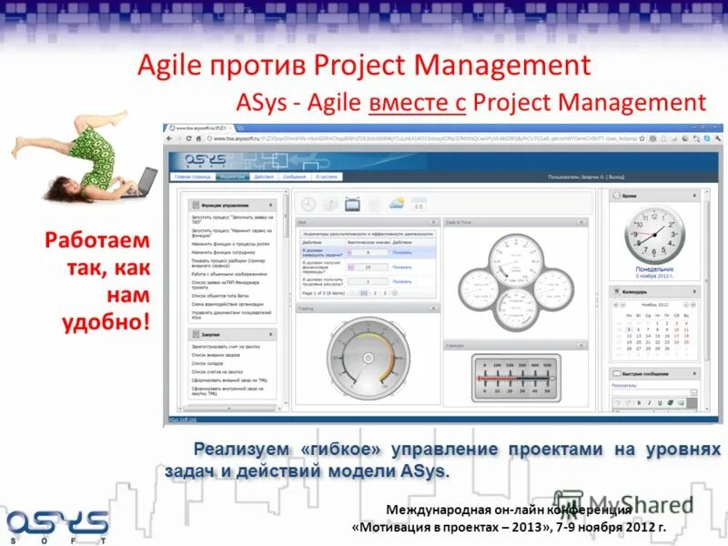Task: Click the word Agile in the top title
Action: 173,66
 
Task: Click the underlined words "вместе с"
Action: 417,102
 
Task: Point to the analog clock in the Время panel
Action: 653,234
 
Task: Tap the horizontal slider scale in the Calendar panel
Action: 515,376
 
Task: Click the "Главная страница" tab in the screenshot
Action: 194,177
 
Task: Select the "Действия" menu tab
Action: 264,177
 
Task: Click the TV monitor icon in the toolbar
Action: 352,204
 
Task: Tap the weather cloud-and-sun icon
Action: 397,204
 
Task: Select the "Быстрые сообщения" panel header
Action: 648,373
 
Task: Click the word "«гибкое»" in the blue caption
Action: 345,450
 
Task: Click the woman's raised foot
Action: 19,141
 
